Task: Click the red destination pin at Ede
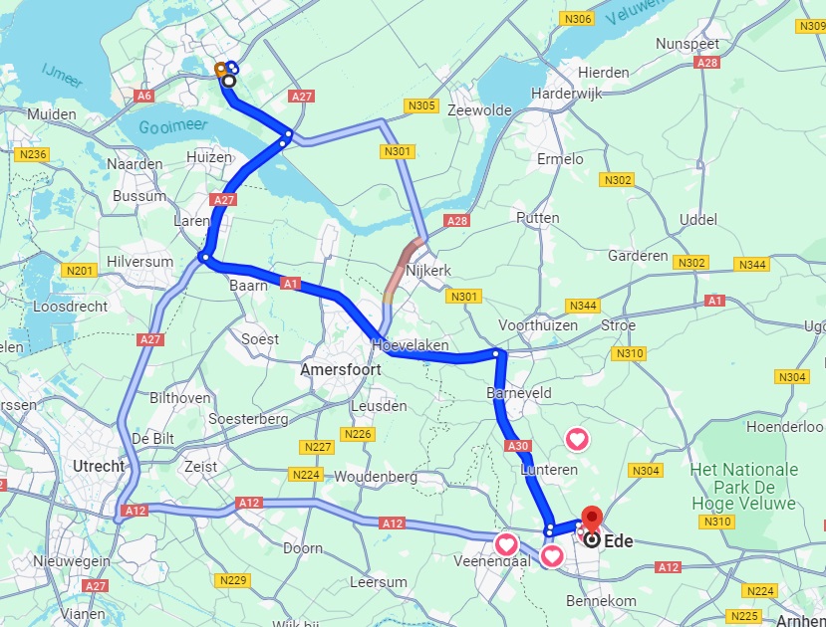592,520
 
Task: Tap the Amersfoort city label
341,369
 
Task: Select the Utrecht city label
99,466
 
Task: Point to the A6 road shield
144,96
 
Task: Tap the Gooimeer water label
170,127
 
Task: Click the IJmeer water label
62,75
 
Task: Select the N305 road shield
421,105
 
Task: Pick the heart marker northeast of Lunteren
577,438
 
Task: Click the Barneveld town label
519,393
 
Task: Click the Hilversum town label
140,262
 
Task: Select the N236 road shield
32,154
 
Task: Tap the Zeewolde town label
480,109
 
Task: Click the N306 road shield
576,19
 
